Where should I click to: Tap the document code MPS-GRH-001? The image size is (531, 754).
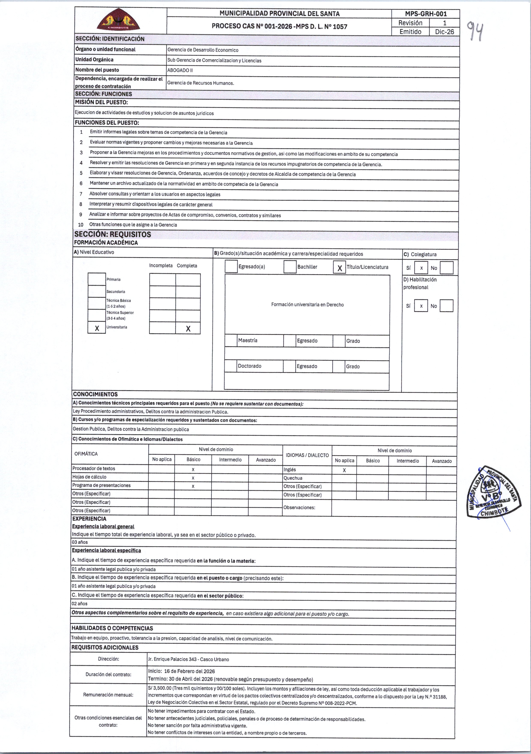point(426,14)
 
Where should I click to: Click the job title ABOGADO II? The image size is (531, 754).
point(180,70)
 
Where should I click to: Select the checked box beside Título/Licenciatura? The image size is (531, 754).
point(339,268)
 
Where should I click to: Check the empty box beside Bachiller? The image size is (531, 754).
point(290,267)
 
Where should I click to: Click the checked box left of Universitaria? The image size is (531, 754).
point(97,328)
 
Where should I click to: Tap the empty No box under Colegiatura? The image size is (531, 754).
point(446,268)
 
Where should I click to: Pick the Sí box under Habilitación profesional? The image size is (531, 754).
point(421,306)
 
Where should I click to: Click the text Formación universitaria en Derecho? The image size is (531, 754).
point(307,305)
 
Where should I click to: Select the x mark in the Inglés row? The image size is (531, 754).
point(344,470)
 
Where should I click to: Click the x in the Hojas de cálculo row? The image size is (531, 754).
point(193,478)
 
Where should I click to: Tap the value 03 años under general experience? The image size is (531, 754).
point(80,542)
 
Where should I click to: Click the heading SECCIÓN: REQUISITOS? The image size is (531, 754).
point(113,234)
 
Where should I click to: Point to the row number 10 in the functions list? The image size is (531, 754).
point(81,225)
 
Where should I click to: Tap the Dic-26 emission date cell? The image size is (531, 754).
point(444,32)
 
